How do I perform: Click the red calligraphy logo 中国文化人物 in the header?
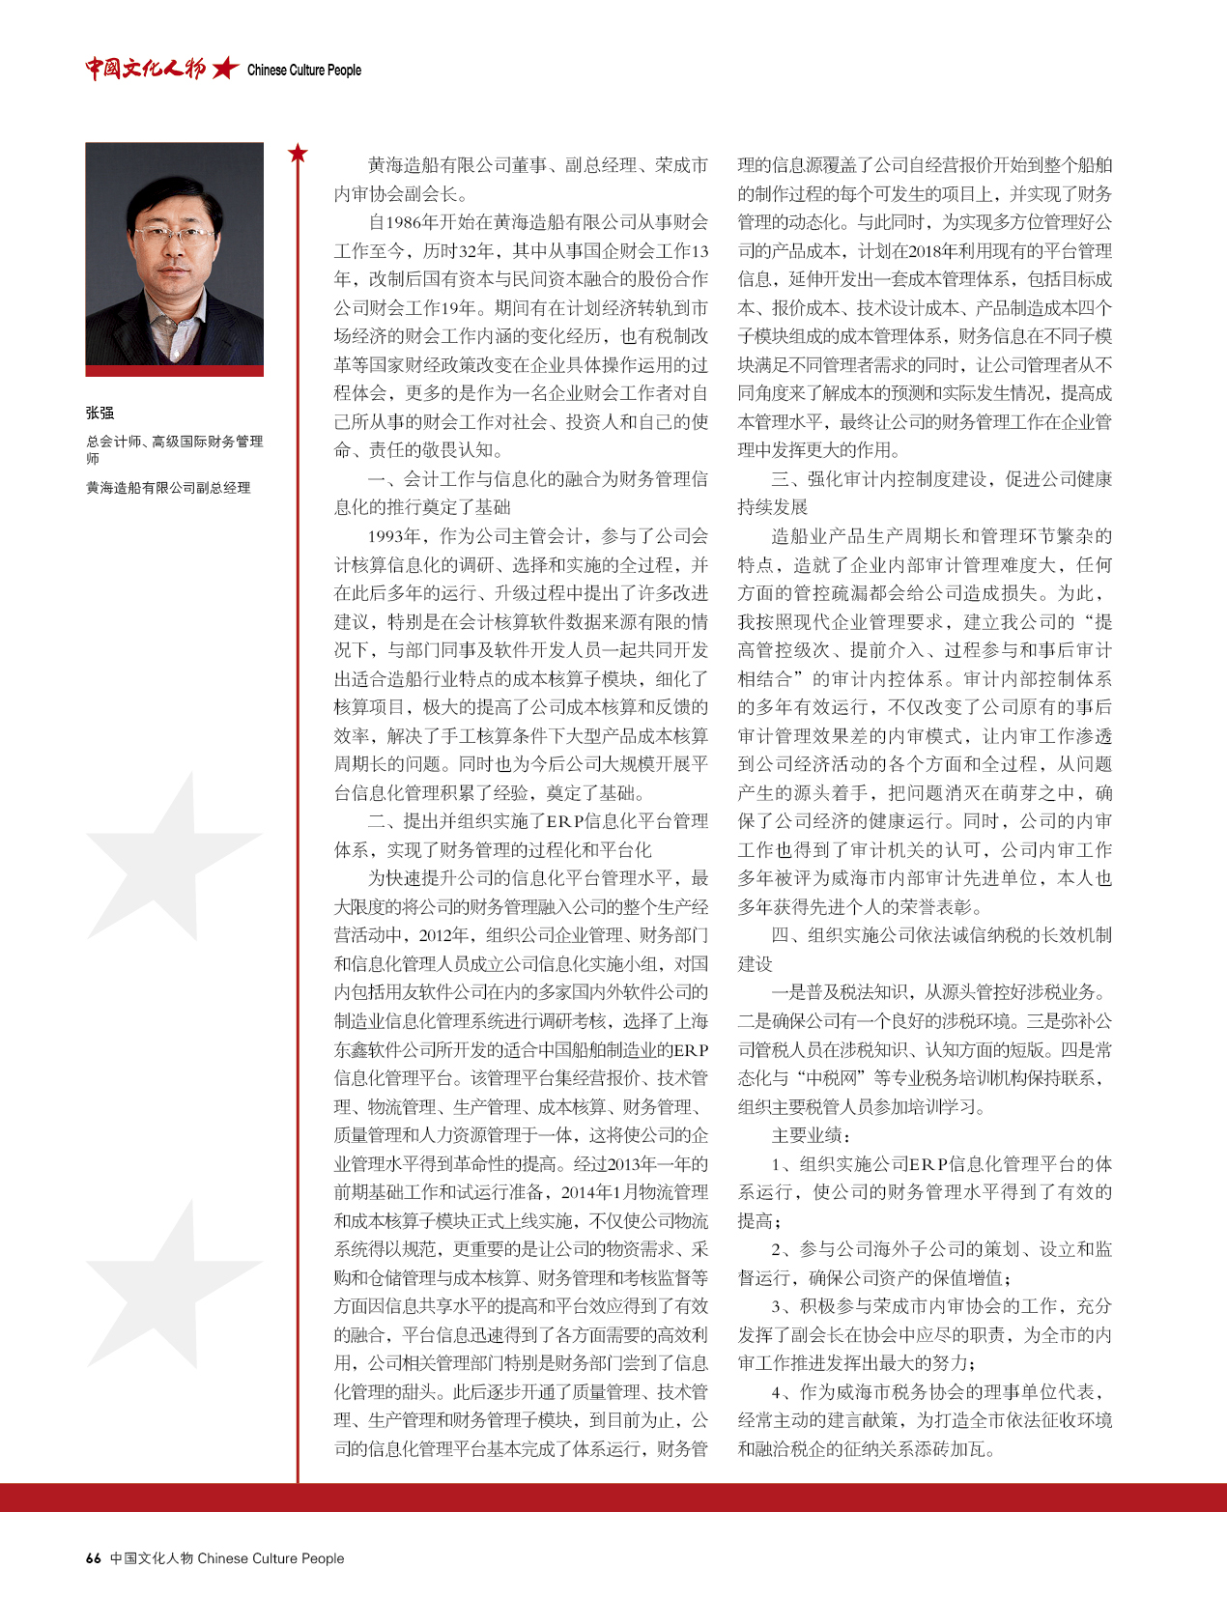pos(145,69)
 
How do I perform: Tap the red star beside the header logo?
pos(225,69)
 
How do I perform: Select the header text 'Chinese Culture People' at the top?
pos(304,71)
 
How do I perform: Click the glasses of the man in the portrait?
pos(179,234)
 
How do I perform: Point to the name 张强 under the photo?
pos(100,414)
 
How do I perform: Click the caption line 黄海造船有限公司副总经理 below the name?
pos(168,488)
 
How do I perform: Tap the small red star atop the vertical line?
pos(298,153)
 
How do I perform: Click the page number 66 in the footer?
pos(94,1558)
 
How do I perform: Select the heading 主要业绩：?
pos(812,1135)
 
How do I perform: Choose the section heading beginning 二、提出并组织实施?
pos(537,821)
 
